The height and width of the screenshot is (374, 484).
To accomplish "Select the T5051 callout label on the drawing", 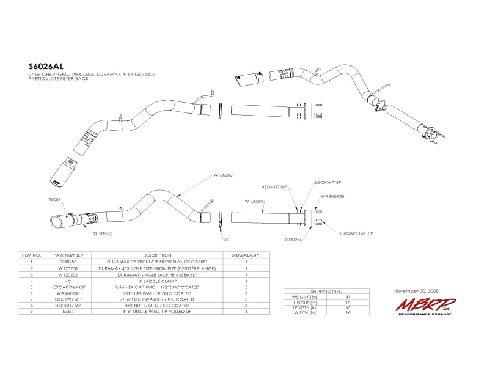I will tap(55, 200).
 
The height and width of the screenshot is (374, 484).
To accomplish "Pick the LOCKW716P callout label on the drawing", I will tap(328, 182).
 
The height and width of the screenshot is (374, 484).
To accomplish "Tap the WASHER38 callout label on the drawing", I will tap(332, 197).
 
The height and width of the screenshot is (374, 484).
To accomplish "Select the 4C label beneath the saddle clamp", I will tap(226, 240).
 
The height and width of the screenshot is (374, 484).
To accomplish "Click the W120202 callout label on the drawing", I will tap(224, 174).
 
